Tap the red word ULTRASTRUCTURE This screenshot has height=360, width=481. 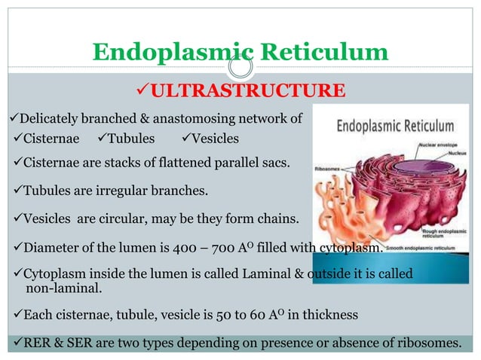point(247,92)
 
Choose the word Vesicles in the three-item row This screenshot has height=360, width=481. point(215,139)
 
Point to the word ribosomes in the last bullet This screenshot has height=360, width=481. point(427,344)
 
